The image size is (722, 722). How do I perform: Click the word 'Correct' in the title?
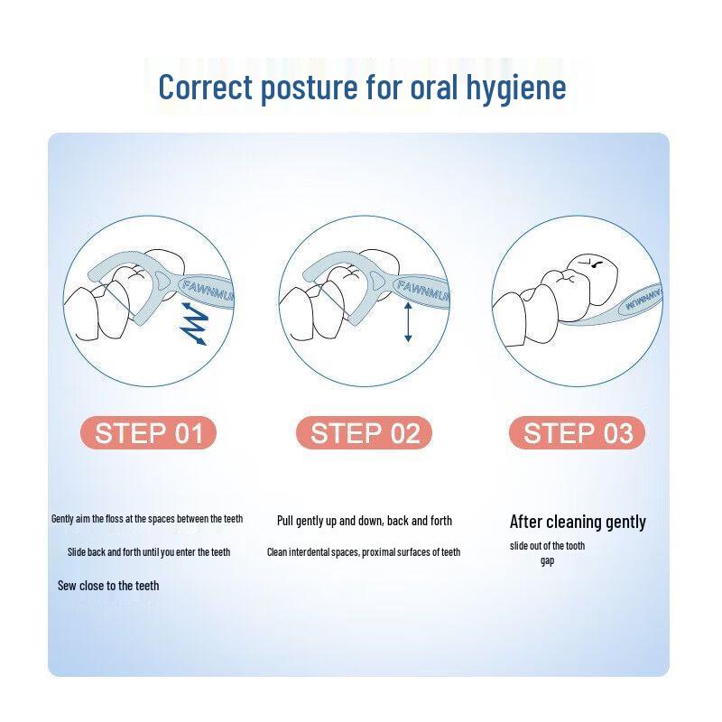pyautogui.click(x=206, y=87)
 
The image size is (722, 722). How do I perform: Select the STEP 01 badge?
pyautogui.click(x=148, y=433)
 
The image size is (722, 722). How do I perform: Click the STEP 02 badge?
pyautogui.click(x=364, y=433)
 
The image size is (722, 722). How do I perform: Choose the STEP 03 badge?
pyautogui.click(x=578, y=433)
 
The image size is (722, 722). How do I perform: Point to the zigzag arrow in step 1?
pyautogui.click(x=194, y=323)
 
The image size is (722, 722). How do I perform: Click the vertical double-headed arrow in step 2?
pyautogui.click(x=408, y=322)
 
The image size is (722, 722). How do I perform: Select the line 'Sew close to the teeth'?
pyautogui.click(x=108, y=586)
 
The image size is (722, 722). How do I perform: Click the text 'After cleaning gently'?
pyautogui.click(x=578, y=523)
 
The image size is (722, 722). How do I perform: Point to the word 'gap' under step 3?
pyautogui.click(x=547, y=561)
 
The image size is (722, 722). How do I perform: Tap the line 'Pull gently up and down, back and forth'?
pyautogui.click(x=365, y=521)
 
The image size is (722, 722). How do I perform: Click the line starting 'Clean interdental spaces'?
pyautogui.click(x=364, y=552)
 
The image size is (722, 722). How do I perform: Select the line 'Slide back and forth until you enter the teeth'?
pyautogui.click(x=149, y=552)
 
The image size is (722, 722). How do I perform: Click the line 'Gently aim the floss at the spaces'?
pyautogui.click(x=147, y=519)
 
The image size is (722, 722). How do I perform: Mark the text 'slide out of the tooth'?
pyautogui.click(x=547, y=546)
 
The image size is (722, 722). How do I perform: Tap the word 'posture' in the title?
pyautogui.click(x=309, y=88)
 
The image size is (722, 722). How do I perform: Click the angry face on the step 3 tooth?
pyautogui.click(x=591, y=264)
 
